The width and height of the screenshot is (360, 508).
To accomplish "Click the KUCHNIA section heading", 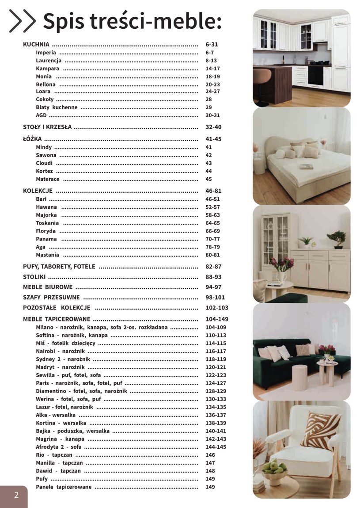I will (36, 45).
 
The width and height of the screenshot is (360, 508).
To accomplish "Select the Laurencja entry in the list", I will (49, 61).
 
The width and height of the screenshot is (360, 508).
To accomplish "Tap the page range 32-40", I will (214, 127).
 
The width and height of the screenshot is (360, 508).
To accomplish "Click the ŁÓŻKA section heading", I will (32, 139).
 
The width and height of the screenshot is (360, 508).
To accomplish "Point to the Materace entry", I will (48, 179).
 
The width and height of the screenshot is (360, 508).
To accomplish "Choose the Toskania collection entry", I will (47, 223).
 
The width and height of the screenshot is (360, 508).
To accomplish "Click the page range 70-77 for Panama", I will (213, 239).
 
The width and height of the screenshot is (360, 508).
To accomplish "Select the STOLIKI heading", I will (34, 277).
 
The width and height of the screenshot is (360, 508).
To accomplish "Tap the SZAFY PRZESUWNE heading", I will (51, 298).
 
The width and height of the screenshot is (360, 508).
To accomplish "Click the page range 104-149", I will (217, 319).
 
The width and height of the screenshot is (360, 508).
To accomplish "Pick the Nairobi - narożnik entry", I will (63, 351).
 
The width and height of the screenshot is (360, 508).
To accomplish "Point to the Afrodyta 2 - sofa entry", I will (61, 447).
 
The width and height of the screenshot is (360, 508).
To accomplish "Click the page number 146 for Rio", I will (210, 455).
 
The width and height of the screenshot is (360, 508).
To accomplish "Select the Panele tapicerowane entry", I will (64, 487).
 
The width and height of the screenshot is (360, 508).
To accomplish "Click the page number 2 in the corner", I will (16, 495).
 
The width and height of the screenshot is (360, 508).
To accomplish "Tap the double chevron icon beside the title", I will (23, 21).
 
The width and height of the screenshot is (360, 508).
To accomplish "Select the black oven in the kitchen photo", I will (315, 76).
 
